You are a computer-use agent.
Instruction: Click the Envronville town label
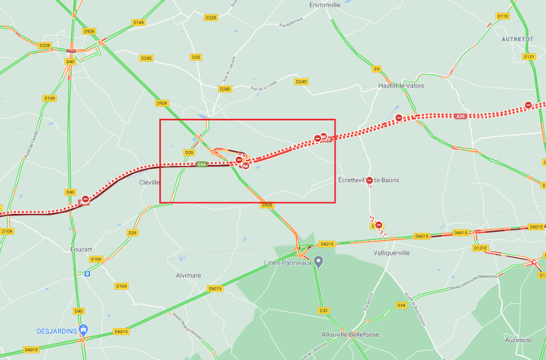coord(325,5)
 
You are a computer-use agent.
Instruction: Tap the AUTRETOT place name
coord(516,38)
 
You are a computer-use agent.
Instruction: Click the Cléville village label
coord(149,182)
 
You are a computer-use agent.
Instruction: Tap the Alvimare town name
coord(188,276)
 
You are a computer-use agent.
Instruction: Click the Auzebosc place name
coord(518,338)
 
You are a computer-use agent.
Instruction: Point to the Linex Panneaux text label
coord(288,263)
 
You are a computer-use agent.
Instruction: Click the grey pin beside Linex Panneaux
coord(319,262)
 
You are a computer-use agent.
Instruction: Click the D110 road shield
coord(503,16)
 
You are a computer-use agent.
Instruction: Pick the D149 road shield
coord(138,22)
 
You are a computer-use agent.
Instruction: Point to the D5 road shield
coord(376,69)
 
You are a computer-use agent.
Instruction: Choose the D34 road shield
coord(401,304)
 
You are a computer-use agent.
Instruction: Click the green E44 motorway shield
coord(202,165)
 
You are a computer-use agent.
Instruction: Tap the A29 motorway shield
coord(460,117)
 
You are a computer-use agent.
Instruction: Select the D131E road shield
coord(480,247)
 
